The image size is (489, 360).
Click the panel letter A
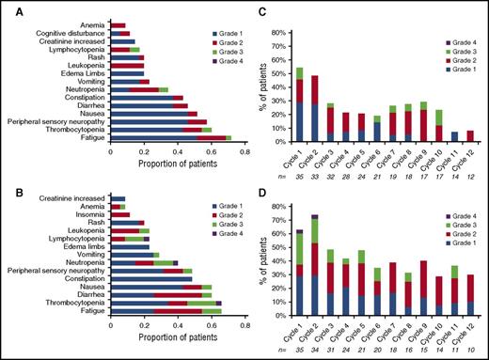pos(9,8)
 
